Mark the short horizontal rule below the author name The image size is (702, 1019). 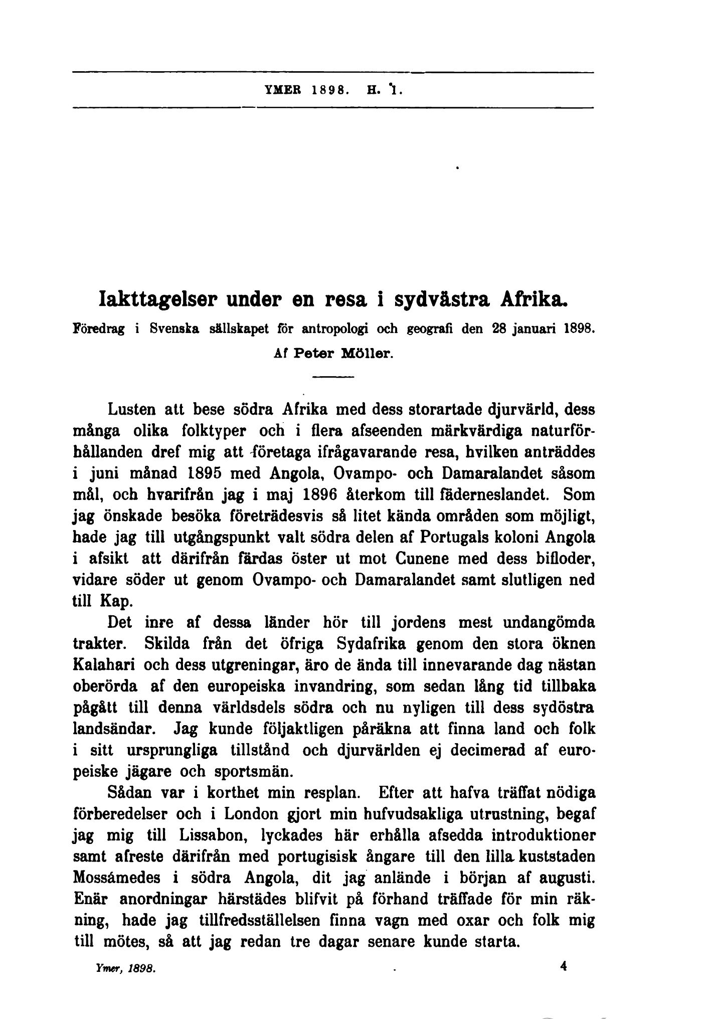click(x=334, y=376)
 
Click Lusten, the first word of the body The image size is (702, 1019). click(x=132, y=409)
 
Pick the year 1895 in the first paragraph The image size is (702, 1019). click(x=202, y=473)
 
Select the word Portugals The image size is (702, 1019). click(x=454, y=538)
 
